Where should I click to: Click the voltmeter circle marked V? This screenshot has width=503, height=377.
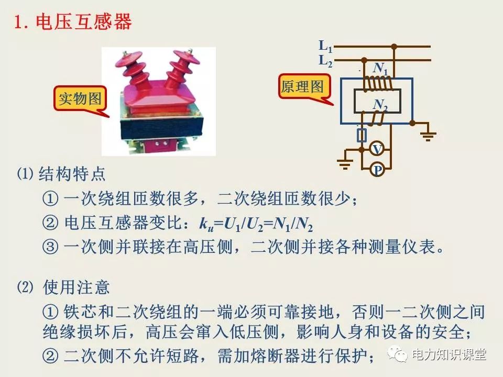pyautogui.click(x=377, y=150)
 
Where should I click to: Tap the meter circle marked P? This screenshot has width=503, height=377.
pyautogui.click(x=377, y=170)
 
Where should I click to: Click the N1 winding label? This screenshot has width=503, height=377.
pyautogui.click(x=380, y=69)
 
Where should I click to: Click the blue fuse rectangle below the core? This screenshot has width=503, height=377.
pyautogui.click(x=362, y=136)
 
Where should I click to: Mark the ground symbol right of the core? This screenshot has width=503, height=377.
pyautogui.click(x=429, y=135)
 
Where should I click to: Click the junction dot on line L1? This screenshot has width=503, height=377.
pyautogui.click(x=394, y=47)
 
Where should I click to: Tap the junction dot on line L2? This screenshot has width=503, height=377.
pyautogui.click(x=365, y=61)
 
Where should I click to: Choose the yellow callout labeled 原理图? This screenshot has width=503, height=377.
pyautogui.click(x=303, y=87)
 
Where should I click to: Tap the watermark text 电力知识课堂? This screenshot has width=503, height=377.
pyautogui.click(x=449, y=354)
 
